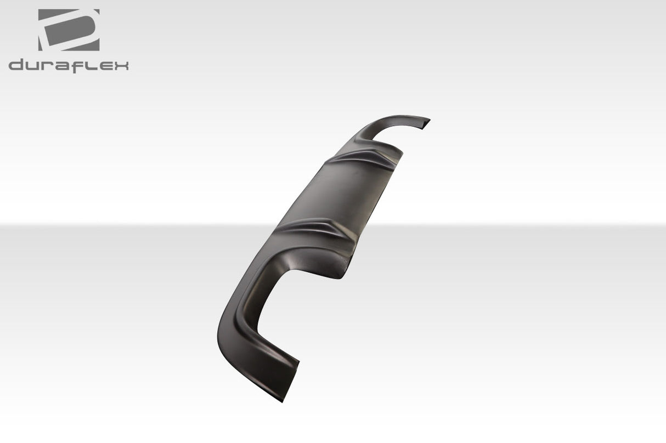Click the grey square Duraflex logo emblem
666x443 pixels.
(69, 30)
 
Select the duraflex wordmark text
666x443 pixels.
(69, 66)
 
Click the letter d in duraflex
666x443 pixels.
(16, 66)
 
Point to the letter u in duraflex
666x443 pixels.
(32, 67)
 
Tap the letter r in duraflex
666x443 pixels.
(48, 67)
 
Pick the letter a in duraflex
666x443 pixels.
(63, 67)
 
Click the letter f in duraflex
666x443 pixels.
(78, 66)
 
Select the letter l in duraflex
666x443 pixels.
(90, 66)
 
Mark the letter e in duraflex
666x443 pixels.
(104, 67)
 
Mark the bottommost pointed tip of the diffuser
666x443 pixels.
(282, 399)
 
